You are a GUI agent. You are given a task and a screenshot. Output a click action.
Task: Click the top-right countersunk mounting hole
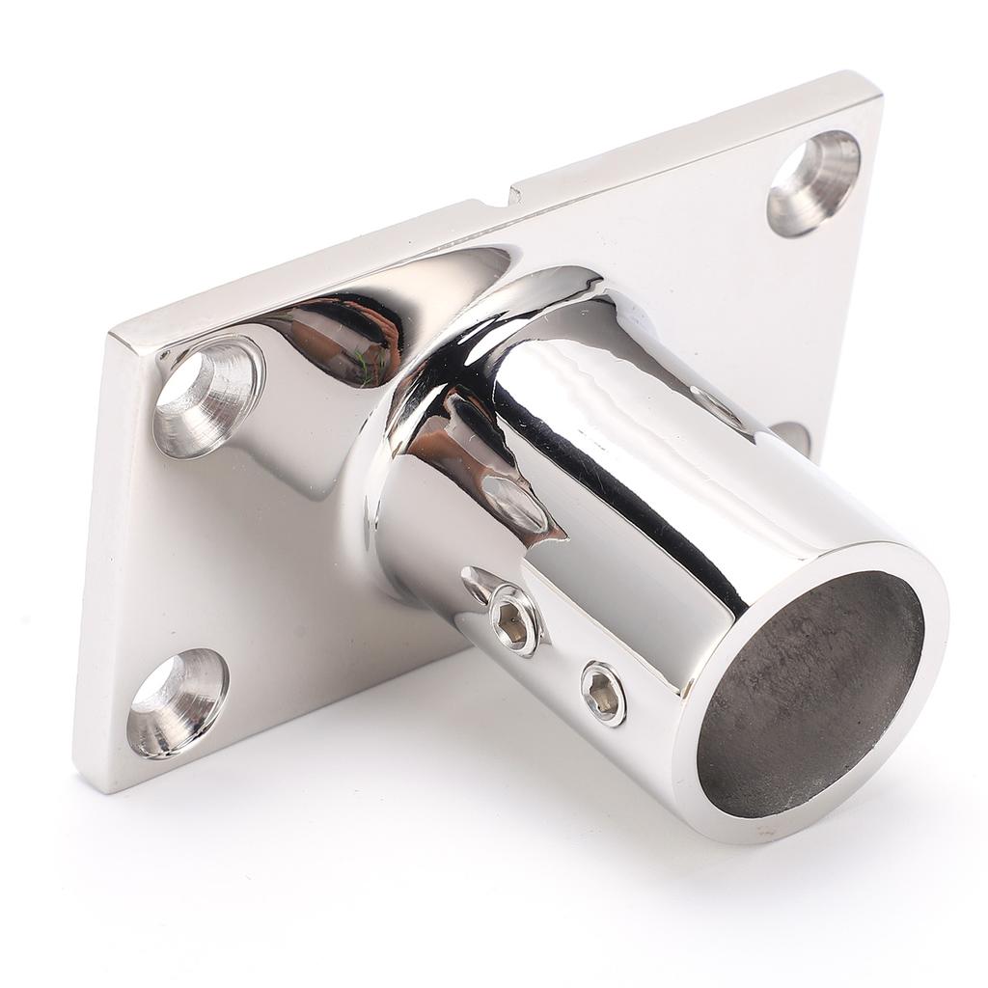coord(813,182)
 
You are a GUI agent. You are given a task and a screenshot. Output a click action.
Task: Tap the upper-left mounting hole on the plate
coord(208,395)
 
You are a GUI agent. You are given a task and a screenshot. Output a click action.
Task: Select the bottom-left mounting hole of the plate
coord(178,701)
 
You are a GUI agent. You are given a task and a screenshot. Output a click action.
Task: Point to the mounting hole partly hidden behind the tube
coord(793,436)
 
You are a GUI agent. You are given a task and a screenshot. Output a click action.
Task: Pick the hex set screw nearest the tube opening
coord(602,692)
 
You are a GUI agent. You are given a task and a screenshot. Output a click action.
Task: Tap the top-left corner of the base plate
coord(112,333)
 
